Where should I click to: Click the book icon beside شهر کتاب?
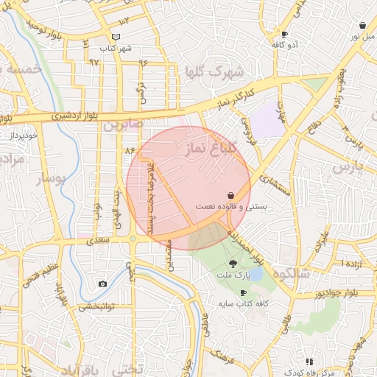click(116, 37)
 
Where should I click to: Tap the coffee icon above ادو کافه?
click(284, 34)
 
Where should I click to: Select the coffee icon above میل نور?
click(362, 24)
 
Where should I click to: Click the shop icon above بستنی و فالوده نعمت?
click(231, 195)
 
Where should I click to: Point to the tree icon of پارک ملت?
click(233, 263)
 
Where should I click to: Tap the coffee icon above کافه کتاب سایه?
click(243, 292)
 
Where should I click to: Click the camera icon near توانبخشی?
click(102, 284)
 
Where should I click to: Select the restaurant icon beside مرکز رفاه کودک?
click(310, 362)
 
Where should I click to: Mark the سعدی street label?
click(99, 240)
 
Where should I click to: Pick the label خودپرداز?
click(24, 137)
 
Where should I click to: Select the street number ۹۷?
click(94, 62)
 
